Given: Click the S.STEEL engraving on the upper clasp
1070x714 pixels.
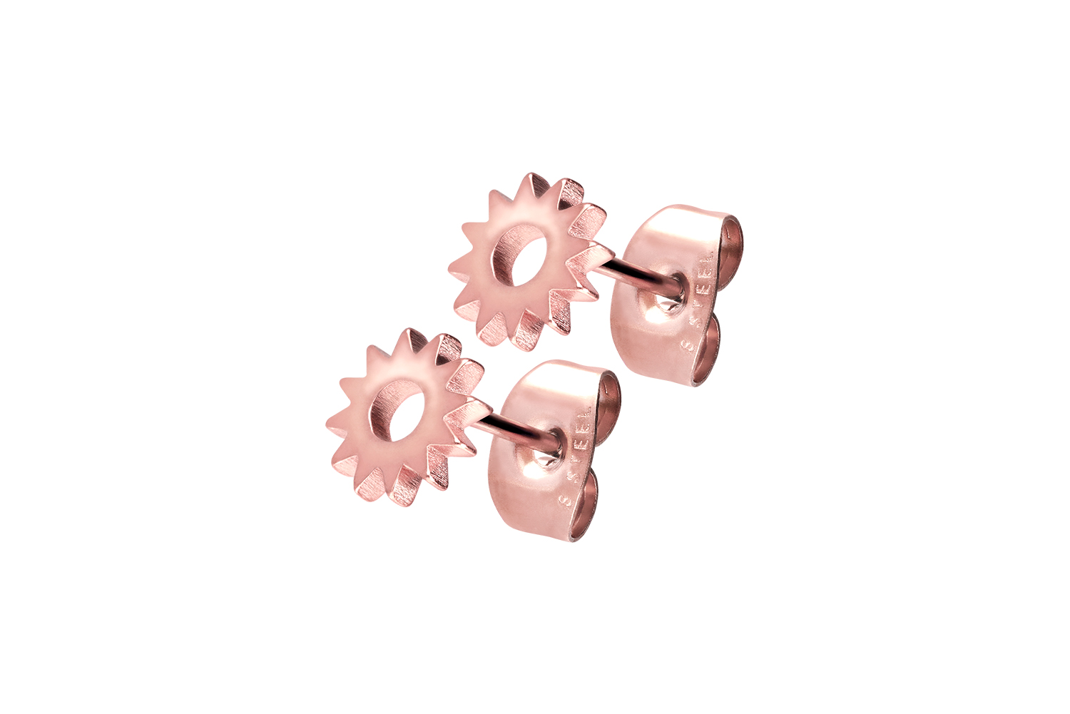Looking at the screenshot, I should [x=698, y=300].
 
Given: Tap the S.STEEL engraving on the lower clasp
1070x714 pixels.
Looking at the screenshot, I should [x=574, y=457].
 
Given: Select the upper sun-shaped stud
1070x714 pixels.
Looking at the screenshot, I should [x=528, y=260].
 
